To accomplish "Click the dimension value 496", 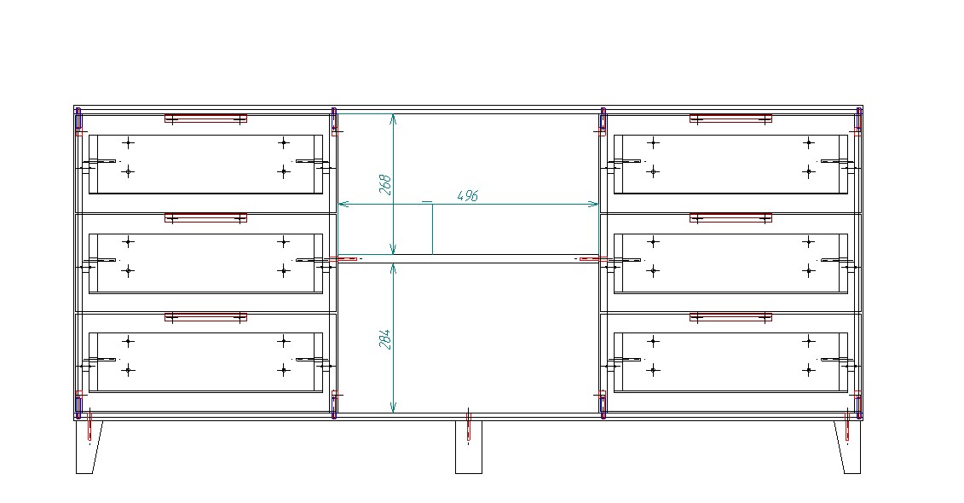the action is [x=468, y=196].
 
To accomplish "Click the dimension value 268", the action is [x=385, y=185].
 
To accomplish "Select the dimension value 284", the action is [x=385, y=339].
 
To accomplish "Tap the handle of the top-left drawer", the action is [x=205, y=118].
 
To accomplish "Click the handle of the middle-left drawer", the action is [x=205, y=217].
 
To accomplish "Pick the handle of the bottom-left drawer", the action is [x=205, y=316].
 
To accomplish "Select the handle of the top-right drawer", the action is [x=730, y=118].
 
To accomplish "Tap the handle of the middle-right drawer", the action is [x=730, y=217].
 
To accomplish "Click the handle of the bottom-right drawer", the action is [x=730, y=316].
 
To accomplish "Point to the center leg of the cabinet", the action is [x=469, y=447].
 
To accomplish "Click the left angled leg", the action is [x=88, y=447].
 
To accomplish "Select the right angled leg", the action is [x=848, y=447].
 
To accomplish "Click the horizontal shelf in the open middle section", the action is [x=469, y=259].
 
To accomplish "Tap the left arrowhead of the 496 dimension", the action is [x=343, y=204].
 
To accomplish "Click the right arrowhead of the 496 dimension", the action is [x=595, y=204].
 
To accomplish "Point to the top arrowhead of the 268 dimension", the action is [x=394, y=118].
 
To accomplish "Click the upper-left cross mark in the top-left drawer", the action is [x=128, y=143].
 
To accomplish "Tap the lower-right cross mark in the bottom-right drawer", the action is [x=809, y=370].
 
